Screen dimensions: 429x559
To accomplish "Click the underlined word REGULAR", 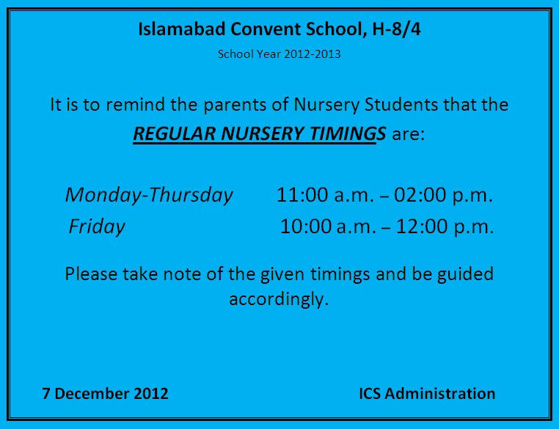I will pos(170,134).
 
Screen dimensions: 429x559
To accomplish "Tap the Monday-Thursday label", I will pos(149,195).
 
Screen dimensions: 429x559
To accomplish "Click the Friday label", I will pos(97,227).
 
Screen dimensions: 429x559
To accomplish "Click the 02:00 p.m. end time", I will pos(443,195).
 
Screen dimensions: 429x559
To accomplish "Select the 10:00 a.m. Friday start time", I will pos(326,227).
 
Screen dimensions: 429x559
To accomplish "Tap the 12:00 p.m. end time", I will pos(445,227).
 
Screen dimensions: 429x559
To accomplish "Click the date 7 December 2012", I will pos(106,393).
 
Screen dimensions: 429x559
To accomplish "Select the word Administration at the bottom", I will pos(440,393).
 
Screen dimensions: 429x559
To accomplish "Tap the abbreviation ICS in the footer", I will pos(370,393).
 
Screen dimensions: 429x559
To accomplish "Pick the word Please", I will pos(90,274).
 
